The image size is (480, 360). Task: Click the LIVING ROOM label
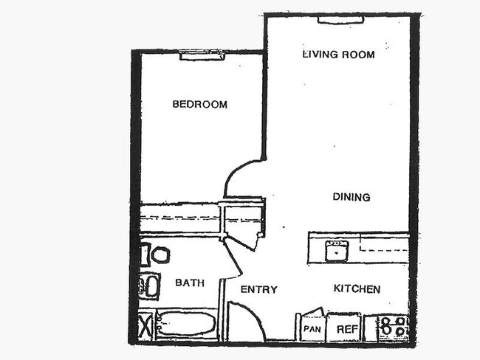[338, 54]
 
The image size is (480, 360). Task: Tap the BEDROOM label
[199, 104]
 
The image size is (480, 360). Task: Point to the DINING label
[351, 197]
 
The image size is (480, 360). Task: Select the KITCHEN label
[357, 288]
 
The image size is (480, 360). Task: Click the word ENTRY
[258, 289]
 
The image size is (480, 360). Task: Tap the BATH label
[189, 282]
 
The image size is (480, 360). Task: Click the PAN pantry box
[312, 328]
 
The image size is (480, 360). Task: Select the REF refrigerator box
[343, 328]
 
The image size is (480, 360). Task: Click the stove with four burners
[393, 328]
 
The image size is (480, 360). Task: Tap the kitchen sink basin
[337, 251]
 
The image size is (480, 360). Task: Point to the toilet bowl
[159, 255]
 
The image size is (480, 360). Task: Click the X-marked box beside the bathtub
[145, 325]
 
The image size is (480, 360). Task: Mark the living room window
[340, 19]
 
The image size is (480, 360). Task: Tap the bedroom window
[202, 55]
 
